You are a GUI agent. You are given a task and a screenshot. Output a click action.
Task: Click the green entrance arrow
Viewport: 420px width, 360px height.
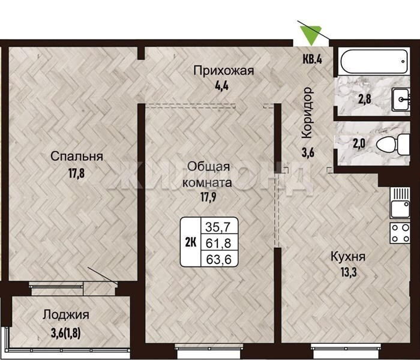coord(311,34)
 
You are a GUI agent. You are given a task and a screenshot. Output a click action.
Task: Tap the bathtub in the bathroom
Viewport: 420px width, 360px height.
coord(374,62)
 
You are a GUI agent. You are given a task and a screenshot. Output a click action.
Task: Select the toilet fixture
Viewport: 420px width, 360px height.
coord(393,145)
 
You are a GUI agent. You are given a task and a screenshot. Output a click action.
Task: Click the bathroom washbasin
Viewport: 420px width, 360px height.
coord(401,99)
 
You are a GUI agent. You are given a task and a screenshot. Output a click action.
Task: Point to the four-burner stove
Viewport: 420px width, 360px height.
coord(400,233)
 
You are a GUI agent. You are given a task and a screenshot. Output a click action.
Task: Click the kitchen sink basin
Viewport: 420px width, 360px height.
coord(400,209)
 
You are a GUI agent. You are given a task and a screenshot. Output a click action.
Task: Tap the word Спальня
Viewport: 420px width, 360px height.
coord(77,157)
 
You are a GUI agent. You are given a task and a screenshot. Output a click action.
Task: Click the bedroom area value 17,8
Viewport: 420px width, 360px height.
coord(76,173)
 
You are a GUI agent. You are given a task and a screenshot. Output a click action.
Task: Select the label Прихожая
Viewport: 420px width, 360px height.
coord(223,71)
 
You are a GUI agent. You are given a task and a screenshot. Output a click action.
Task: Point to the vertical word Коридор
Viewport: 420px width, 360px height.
coord(307,113)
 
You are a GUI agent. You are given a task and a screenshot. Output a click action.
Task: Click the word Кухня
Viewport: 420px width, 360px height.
coord(348,257)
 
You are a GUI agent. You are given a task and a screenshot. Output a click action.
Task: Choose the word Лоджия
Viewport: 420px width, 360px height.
coord(66,315)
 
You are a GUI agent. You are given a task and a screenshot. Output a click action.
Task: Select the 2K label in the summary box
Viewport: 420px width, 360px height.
coord(191,242)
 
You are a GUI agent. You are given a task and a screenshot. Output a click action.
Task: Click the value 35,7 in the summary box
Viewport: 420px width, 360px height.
coord(218,227)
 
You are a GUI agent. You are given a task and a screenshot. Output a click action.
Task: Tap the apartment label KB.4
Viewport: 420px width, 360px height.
coord(313,59)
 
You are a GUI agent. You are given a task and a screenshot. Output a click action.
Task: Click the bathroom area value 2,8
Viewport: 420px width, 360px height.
coord(365,99)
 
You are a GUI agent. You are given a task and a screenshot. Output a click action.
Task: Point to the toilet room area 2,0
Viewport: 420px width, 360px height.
coord(359,144)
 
